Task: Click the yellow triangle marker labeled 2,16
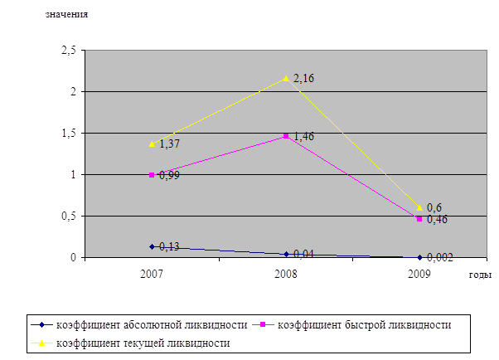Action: (286, 78)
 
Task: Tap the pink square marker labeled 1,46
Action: (286, 136)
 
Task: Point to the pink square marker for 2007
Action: (152, 175)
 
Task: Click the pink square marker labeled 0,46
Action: (419, 219)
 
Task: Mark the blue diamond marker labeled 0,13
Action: (152, 246)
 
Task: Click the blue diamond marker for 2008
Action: (286, 254)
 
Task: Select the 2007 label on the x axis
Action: (152, 273)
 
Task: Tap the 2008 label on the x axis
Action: (286, 273)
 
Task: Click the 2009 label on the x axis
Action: (419, 273)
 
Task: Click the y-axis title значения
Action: (66, 15)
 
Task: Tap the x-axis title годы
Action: (480, 275)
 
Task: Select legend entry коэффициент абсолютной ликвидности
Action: (149, 324)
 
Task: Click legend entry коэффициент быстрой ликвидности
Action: (365, 324)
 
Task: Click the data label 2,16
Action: (303, 78)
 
